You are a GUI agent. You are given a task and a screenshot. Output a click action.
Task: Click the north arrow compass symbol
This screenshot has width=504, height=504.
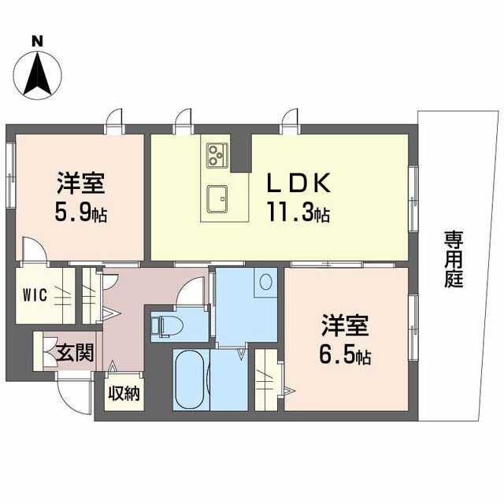tap(38, 76)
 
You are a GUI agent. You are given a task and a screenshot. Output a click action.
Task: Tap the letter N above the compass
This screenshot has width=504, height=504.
tap(38, 41)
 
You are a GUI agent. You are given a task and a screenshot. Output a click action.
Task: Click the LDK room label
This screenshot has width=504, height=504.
tap(299, 183)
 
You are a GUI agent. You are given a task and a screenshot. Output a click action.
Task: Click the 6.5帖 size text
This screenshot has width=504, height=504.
tap(345, 355)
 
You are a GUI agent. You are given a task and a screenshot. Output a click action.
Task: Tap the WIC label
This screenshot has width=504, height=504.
tap(35, 295)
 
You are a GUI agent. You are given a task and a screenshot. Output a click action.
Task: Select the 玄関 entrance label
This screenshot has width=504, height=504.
tap(76, 353)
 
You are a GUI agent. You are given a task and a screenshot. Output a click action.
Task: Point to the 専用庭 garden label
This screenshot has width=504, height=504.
tap(454, 259)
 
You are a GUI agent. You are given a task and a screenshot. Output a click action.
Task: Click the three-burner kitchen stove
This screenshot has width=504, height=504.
tap(217, 155)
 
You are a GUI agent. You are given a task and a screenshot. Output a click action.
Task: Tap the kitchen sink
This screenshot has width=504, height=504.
tap(217, 199)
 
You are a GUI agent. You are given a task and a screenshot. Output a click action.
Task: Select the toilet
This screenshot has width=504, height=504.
tap(167, 326)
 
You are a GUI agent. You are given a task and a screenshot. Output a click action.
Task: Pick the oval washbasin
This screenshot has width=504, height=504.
tap(266, 282)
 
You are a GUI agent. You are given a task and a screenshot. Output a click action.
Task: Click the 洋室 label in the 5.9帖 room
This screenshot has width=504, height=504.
tap(81, 183)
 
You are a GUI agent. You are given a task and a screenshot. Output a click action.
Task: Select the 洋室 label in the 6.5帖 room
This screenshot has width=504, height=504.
tap(345, 325)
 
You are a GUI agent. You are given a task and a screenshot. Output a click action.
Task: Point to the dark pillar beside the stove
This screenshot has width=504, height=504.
tap(241, 153)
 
